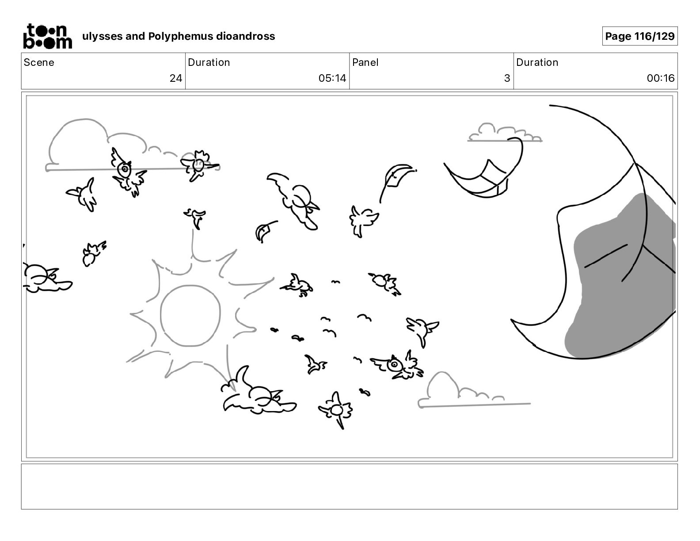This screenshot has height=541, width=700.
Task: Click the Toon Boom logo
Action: pyautogui.click(x=48, y=36)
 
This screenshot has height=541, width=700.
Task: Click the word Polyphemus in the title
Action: pyautogui.click(x=180, y=36)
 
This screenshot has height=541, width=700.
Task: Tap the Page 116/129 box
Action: pyautogui.click(x=640, y=36)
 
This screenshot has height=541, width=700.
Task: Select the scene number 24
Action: pyautogui.click(x=176, y=78)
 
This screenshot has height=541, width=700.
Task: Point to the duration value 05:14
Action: pyautogui.click(x=332, y=78)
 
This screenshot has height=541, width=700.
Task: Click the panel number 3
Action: pyautogui.click(x=507, y=78)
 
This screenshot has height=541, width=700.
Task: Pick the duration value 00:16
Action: pyautogui.click(x=660, y=78)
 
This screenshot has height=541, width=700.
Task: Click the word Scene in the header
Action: pyautogui.click(x=39, y=62)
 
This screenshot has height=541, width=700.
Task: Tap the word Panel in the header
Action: pyautogui.click(x=365, y=62)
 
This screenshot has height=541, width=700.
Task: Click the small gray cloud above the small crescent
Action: pyautogui.click(x=505, y=133)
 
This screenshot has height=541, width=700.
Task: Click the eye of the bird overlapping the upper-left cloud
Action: pyautogui.click(x=124, y=168)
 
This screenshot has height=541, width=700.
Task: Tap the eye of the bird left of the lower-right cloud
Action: pyautogui.click(x=394, y=365)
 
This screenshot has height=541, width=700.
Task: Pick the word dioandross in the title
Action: pyautogui.click(x=245, y=36)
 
